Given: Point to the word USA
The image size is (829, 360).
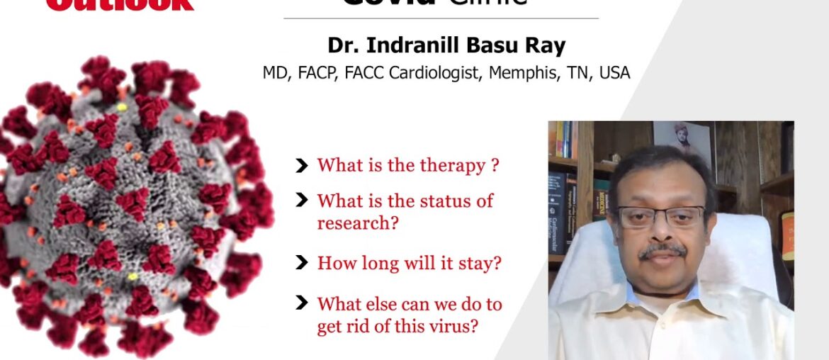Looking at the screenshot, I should (x=614, y=72).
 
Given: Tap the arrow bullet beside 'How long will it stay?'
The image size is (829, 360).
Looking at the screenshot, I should (x=302, y=263).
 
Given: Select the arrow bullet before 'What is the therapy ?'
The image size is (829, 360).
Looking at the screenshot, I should (x=302, y=166).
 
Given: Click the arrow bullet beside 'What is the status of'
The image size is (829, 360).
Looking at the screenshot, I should (x=302, y=201).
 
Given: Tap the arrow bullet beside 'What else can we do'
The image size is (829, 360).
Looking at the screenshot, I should (x=302, y=304).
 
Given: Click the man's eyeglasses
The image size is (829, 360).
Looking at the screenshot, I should (x=660, y=215).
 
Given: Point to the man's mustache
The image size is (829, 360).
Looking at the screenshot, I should (x=662, y=251).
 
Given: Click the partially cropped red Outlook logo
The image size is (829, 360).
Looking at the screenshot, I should (x=120, y=5).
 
